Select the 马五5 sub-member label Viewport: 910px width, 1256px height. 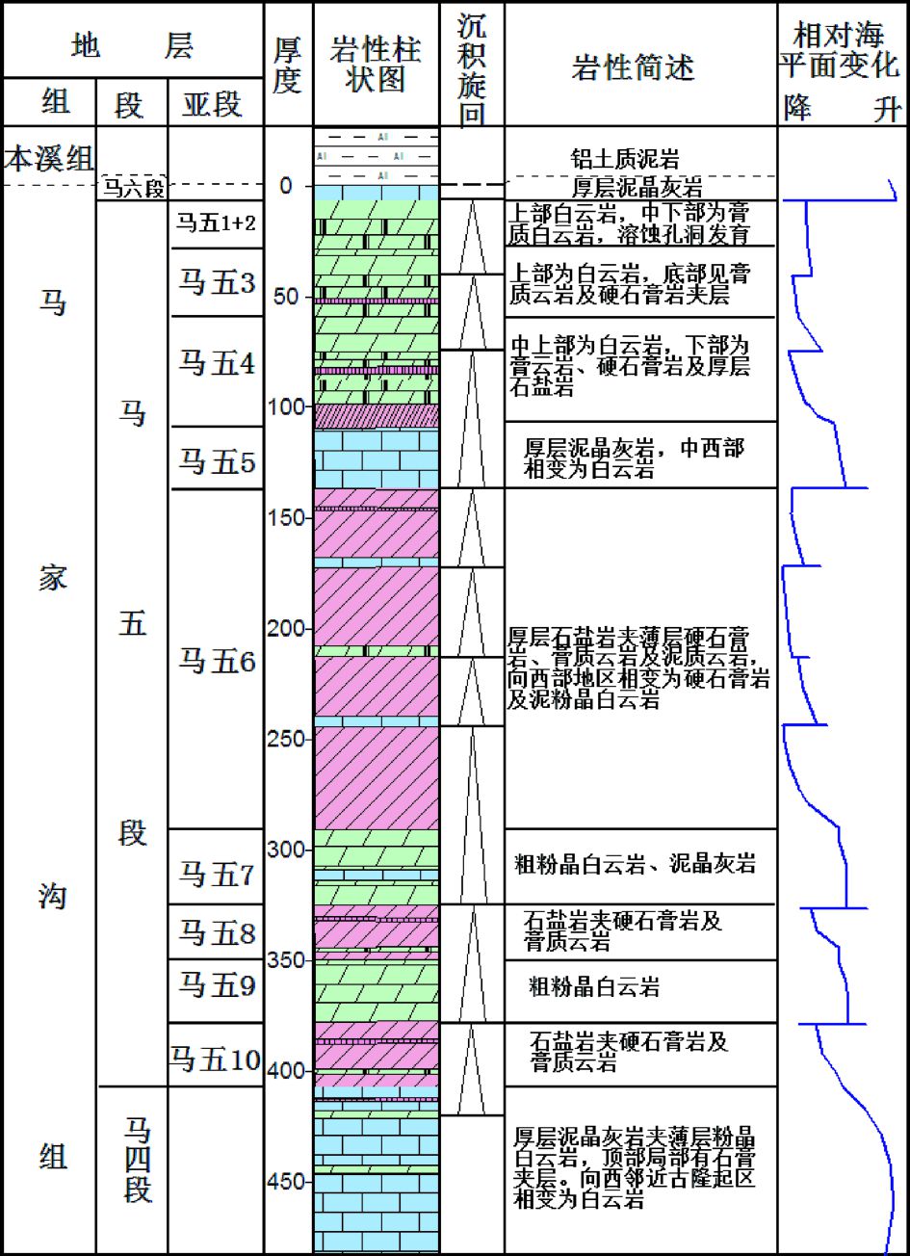tap(216, 461)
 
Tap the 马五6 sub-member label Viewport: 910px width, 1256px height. tap(216, 662)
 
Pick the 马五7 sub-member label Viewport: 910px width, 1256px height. tap(216, 875)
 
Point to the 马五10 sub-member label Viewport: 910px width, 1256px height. tap(216, 1060)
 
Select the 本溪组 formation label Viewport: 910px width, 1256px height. tap(48, 158)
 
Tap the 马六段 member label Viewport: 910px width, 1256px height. tap(132, 191)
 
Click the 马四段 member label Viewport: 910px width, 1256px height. tap(136, 1160)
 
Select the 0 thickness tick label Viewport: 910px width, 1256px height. tap(286, 185)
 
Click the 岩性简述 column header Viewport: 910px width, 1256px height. tap(633, 67)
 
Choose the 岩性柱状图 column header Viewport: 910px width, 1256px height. tap(375, 64)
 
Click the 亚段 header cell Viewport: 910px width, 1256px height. tap(213, 103)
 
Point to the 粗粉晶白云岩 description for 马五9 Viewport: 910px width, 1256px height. tap(594, 987)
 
